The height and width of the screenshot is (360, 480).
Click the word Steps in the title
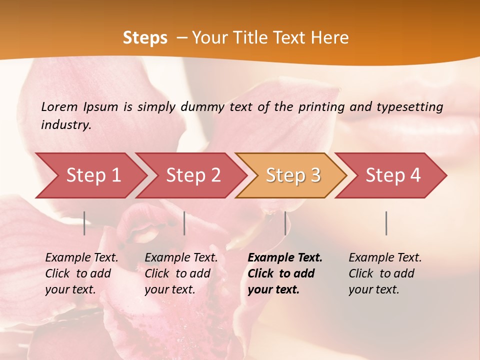click(145, 38)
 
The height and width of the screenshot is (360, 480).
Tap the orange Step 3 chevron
click(292, 175)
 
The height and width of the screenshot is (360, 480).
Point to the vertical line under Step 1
click(84, 223)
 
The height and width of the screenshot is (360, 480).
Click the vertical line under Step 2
click(184, 223)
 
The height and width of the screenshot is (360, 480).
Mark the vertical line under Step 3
click(285, 223)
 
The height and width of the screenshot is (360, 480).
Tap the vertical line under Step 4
click(386, 223)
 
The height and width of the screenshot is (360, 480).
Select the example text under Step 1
click(81, 273)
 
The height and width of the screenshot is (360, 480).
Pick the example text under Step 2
click(181, 273)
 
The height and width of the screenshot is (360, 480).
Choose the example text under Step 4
click(385, 273)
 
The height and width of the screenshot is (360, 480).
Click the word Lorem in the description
click(59, 106)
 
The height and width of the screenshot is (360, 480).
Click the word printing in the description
click(323, 107)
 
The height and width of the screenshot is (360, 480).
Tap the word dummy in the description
click(202, 107)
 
